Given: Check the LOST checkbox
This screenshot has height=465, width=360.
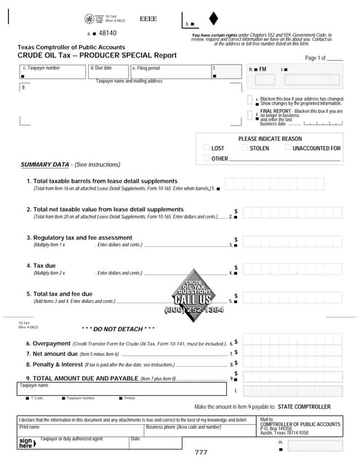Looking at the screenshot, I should tap(206, 147).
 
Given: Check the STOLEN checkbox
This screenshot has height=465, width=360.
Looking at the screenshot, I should tap(244, 147).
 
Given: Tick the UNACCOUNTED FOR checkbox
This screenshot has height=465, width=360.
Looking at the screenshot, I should tap(287, 147).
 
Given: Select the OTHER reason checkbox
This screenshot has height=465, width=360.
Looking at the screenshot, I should tap(206, 158).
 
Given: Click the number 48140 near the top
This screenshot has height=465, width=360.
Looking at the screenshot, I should tap(108, 33).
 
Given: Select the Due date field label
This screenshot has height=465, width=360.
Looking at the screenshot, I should tap(102, 68).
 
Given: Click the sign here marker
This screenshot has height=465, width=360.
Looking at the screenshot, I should tap(26, 443).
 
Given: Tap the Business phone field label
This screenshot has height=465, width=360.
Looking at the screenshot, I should tap(183, 427).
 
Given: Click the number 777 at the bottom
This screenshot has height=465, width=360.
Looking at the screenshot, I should tap(201, 453).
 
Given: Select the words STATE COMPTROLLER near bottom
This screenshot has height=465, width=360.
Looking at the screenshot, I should tap(304, 407).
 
